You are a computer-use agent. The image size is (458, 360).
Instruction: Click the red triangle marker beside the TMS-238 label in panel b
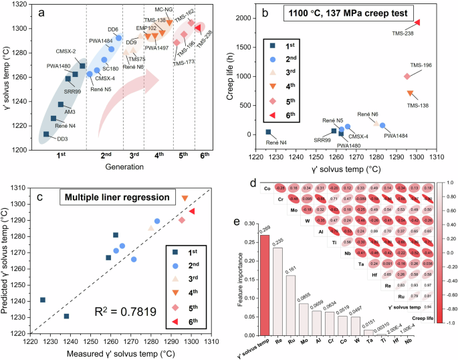[x=417, y=22]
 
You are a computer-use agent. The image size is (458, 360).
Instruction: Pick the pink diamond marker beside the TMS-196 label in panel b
[x=407, y=76]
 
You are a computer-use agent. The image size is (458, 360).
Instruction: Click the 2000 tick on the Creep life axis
[x=246, y=19]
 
